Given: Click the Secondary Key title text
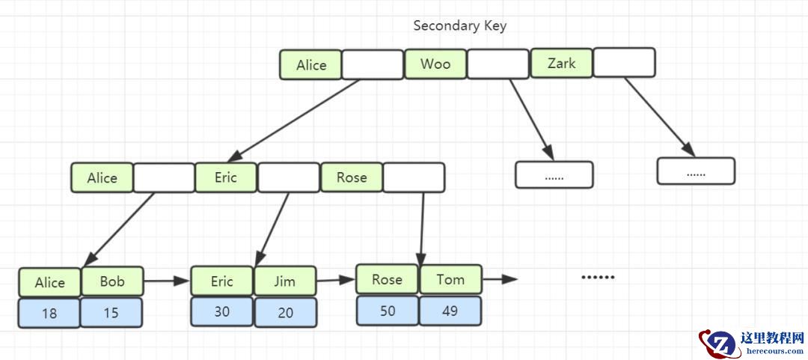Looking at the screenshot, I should point(459,25).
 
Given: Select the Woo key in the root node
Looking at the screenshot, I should point(435,64).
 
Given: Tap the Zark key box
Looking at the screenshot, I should point(561,64).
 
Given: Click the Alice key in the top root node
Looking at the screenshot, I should point(311,65).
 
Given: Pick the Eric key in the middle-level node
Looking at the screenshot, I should point(226,177).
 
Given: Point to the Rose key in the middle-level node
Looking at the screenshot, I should point(352,177).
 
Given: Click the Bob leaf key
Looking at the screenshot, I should point(112,282).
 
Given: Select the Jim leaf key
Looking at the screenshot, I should point(285,281).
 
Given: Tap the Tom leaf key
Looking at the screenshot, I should point(450,279).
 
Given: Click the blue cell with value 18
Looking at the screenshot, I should point(49,313).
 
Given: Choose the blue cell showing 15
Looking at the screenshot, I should point(111,313).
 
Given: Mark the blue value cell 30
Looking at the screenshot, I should point(222,311).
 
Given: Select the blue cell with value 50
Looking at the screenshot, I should point(388,311).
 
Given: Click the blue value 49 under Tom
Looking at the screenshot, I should point(450,311).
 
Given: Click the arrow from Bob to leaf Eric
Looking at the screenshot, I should point(166,281).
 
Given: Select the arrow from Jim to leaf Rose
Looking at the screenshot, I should point(335,281).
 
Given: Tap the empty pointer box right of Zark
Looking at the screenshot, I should point(624,63).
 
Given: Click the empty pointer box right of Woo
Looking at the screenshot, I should point(498,64).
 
